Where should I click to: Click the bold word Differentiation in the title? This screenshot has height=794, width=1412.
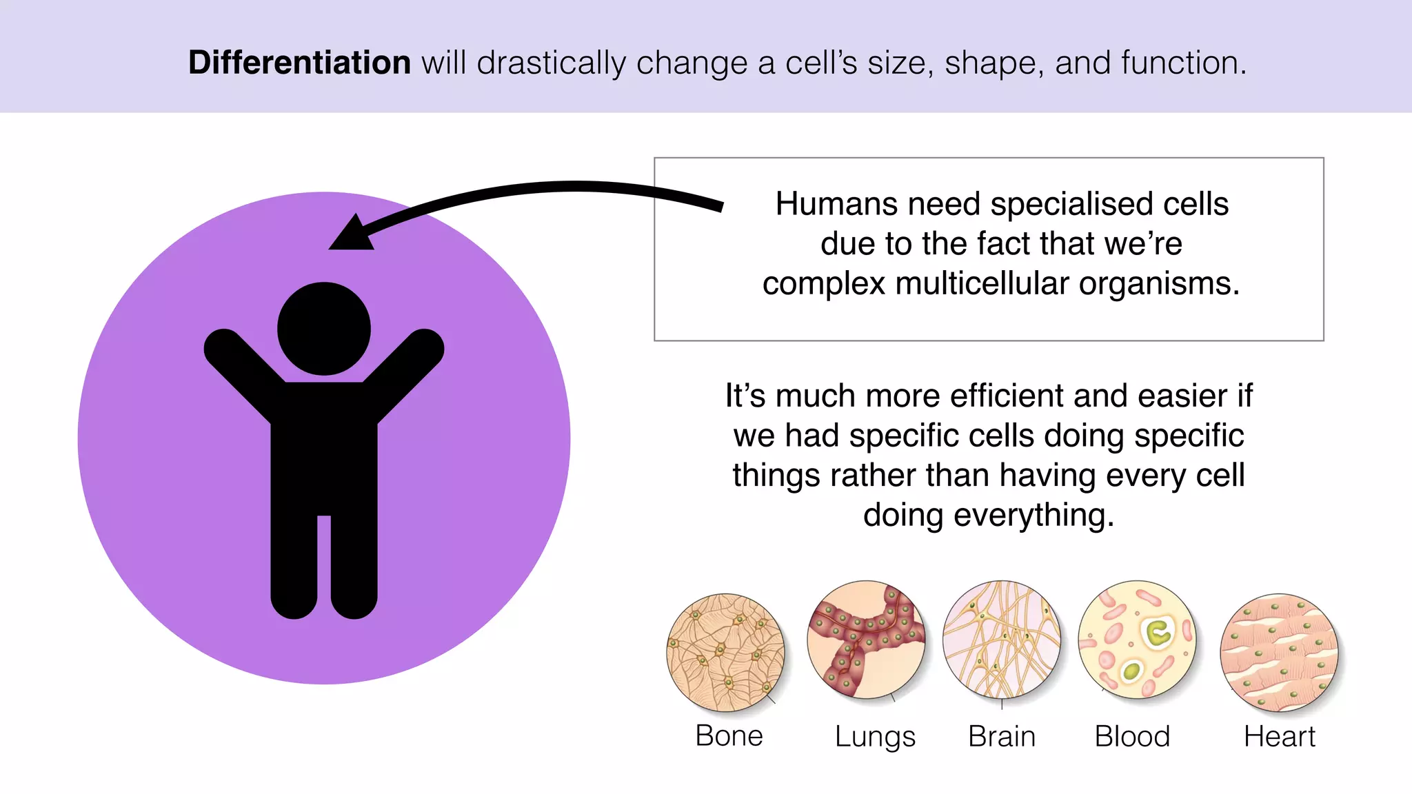pyautogui.click(x=299, y=63)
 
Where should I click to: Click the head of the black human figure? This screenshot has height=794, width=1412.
pyautogui.click(x=324, y=329)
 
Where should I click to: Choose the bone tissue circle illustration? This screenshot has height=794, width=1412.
pyautogui.click(x=725, y=652)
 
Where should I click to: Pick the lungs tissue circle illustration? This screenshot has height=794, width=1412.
pyautogui.click(x=866, y=639)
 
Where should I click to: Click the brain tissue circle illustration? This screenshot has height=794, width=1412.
pyautogui.click(x=1001, y=639)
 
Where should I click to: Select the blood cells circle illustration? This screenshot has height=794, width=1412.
pyautogui.click(x=1136, y=639)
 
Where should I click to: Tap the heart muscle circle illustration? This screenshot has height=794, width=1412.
pyautogui.click(x=1279, y=652)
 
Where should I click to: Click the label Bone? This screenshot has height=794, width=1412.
pyautogui.click(x=729, y=736)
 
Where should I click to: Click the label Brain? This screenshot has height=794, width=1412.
pyautogui.click(x=1001, y=736)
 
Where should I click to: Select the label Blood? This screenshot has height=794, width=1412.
pyautogui.click(x=1132, y=736)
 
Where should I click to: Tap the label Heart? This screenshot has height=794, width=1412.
pyautogui.click(x=1279, y=736)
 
